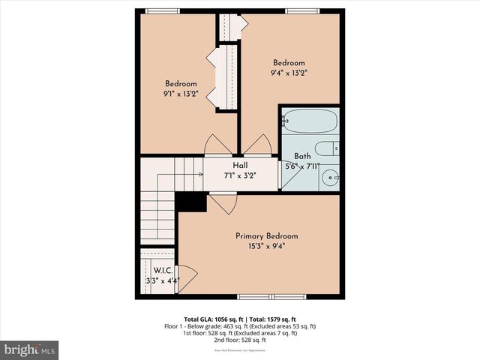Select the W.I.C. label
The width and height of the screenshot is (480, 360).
click(163, 270)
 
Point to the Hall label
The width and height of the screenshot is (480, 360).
click(240, 166)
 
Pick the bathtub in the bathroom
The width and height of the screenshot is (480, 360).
click(310, 121)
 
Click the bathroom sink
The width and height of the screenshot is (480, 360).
click(330, 178)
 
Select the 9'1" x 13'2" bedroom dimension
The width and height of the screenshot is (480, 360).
click(181, 94)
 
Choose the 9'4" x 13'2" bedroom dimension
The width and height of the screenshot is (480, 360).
click(289, 73)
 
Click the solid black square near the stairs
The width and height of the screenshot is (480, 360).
click(190, 202)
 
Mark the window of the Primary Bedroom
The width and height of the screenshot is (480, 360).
click(261, 296)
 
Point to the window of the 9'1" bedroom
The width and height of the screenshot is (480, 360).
click(163, 10)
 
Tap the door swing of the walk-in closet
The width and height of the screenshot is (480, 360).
click(187, 278)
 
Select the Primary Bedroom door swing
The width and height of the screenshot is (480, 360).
click(223, 202)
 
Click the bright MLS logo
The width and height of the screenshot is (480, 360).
click(30, 349)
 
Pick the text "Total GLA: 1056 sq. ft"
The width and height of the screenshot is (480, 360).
click(211, 319)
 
